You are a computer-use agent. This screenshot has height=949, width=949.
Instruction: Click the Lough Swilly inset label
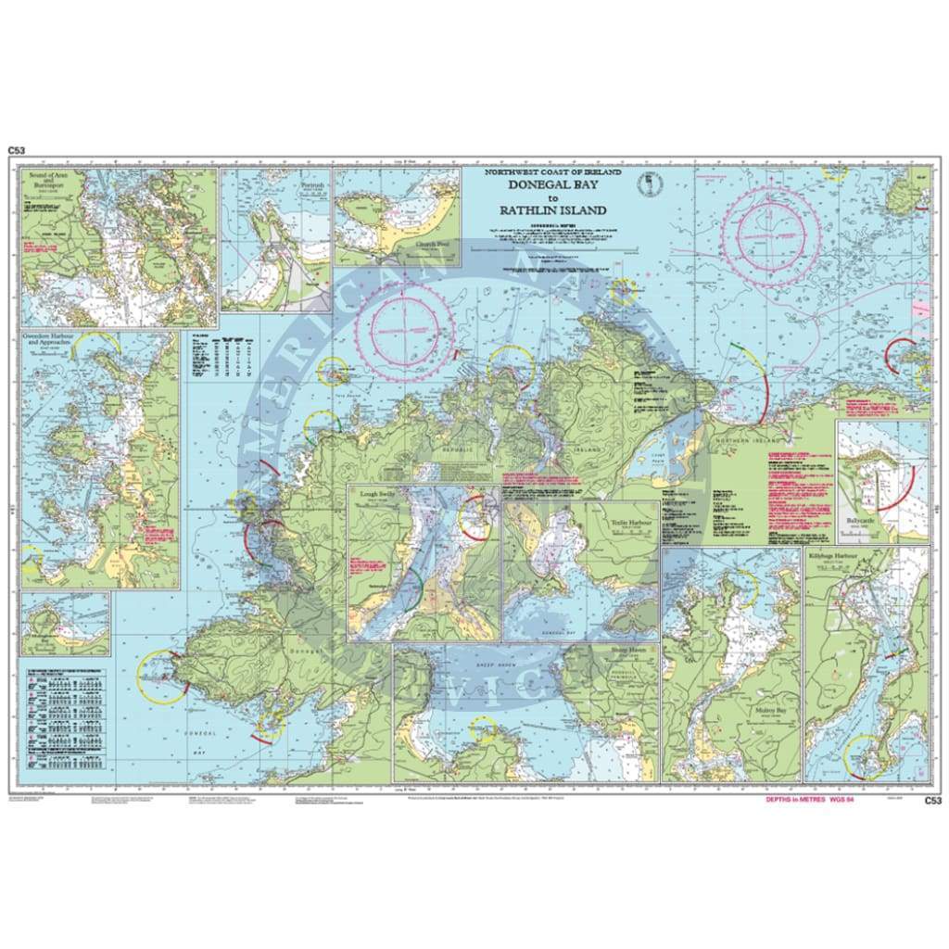click(377, 497)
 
